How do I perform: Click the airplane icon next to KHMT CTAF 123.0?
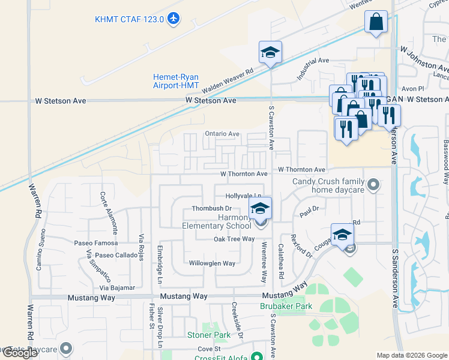pyautogui.click(x=173, y=19)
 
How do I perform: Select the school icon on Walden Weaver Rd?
pyautogui.click(x=270, y=53)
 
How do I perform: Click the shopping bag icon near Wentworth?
pyautogui.click(x=376, y=22)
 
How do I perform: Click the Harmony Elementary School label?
pyautogui.click(x=217, y=221)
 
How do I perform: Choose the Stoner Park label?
pyautogui.click(x=208, y=335)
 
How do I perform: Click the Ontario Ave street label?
pyautogui.click(x=222, y=134)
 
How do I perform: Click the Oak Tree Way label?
pyautogui.click(x=234, y=239)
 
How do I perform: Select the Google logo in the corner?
pyautogui.click(x=20, y=353)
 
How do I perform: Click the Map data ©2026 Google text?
pyautogui.click(x=411, y=355)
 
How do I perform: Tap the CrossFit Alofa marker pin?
pyautogui.click(x=257, y=356)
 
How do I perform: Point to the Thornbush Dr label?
pyautogui.click(x=208, y=208)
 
